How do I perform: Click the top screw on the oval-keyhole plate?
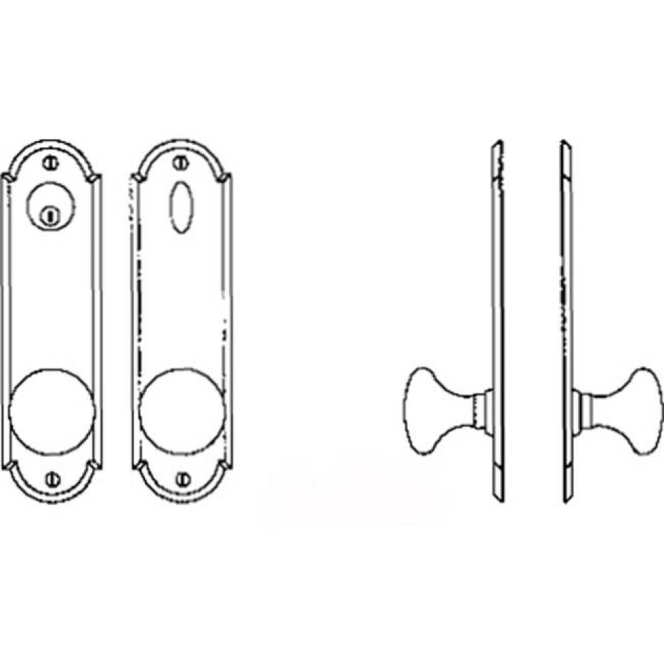(178, 162)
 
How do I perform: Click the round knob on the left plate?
(52, 409)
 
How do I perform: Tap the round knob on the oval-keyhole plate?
(182, 409)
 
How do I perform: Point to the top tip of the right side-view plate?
(565, 144)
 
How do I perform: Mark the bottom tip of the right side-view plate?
(566, 499)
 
